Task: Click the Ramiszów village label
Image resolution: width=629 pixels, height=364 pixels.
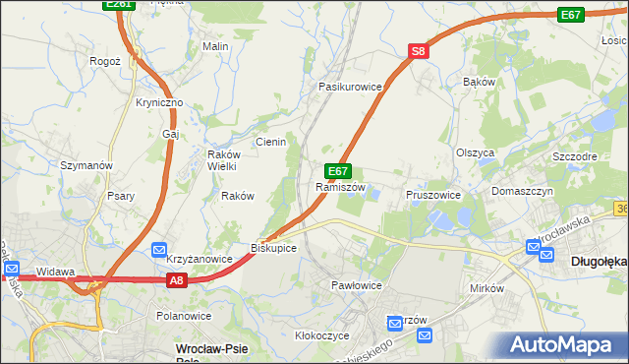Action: tap(341, 187)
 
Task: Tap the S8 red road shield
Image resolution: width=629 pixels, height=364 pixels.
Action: tap(419, 51)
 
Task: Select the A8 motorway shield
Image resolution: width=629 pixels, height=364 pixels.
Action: tap(176, 281)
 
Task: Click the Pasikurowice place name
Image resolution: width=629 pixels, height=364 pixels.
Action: tap(349, 87)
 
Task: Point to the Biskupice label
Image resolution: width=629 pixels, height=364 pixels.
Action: tap(274, 248)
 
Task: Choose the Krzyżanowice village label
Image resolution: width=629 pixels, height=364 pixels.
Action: tap(199, 259)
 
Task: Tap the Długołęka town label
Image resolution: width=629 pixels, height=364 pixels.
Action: tap(599, 262)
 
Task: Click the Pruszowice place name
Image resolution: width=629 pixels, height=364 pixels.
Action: tap(433, 195)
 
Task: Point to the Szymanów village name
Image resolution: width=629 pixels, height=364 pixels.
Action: tap(87, 165)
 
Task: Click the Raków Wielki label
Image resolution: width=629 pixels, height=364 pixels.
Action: tap(222, 159)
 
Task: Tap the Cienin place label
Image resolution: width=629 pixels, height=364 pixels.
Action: tap(270, 142)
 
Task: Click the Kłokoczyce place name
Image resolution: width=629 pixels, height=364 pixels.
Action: tap(322, 335)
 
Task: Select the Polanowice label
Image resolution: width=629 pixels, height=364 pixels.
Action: tap(184, 316)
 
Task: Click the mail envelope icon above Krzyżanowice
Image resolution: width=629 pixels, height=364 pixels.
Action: tap(159, 252)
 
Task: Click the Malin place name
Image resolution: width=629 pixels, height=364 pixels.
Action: tap(215, 46)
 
